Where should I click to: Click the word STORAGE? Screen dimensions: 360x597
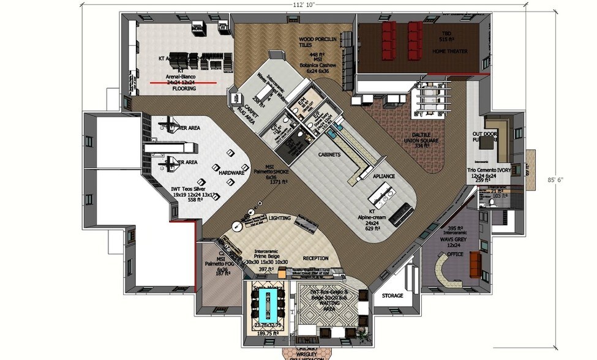(392, 296)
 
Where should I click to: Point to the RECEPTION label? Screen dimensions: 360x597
(315, 258)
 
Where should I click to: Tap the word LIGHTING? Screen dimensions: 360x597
(280, 218)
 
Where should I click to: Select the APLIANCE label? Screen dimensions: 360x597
(384, 176)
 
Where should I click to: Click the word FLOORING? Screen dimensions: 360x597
(184, 89)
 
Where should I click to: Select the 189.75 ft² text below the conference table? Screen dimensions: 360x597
(268, 334)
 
